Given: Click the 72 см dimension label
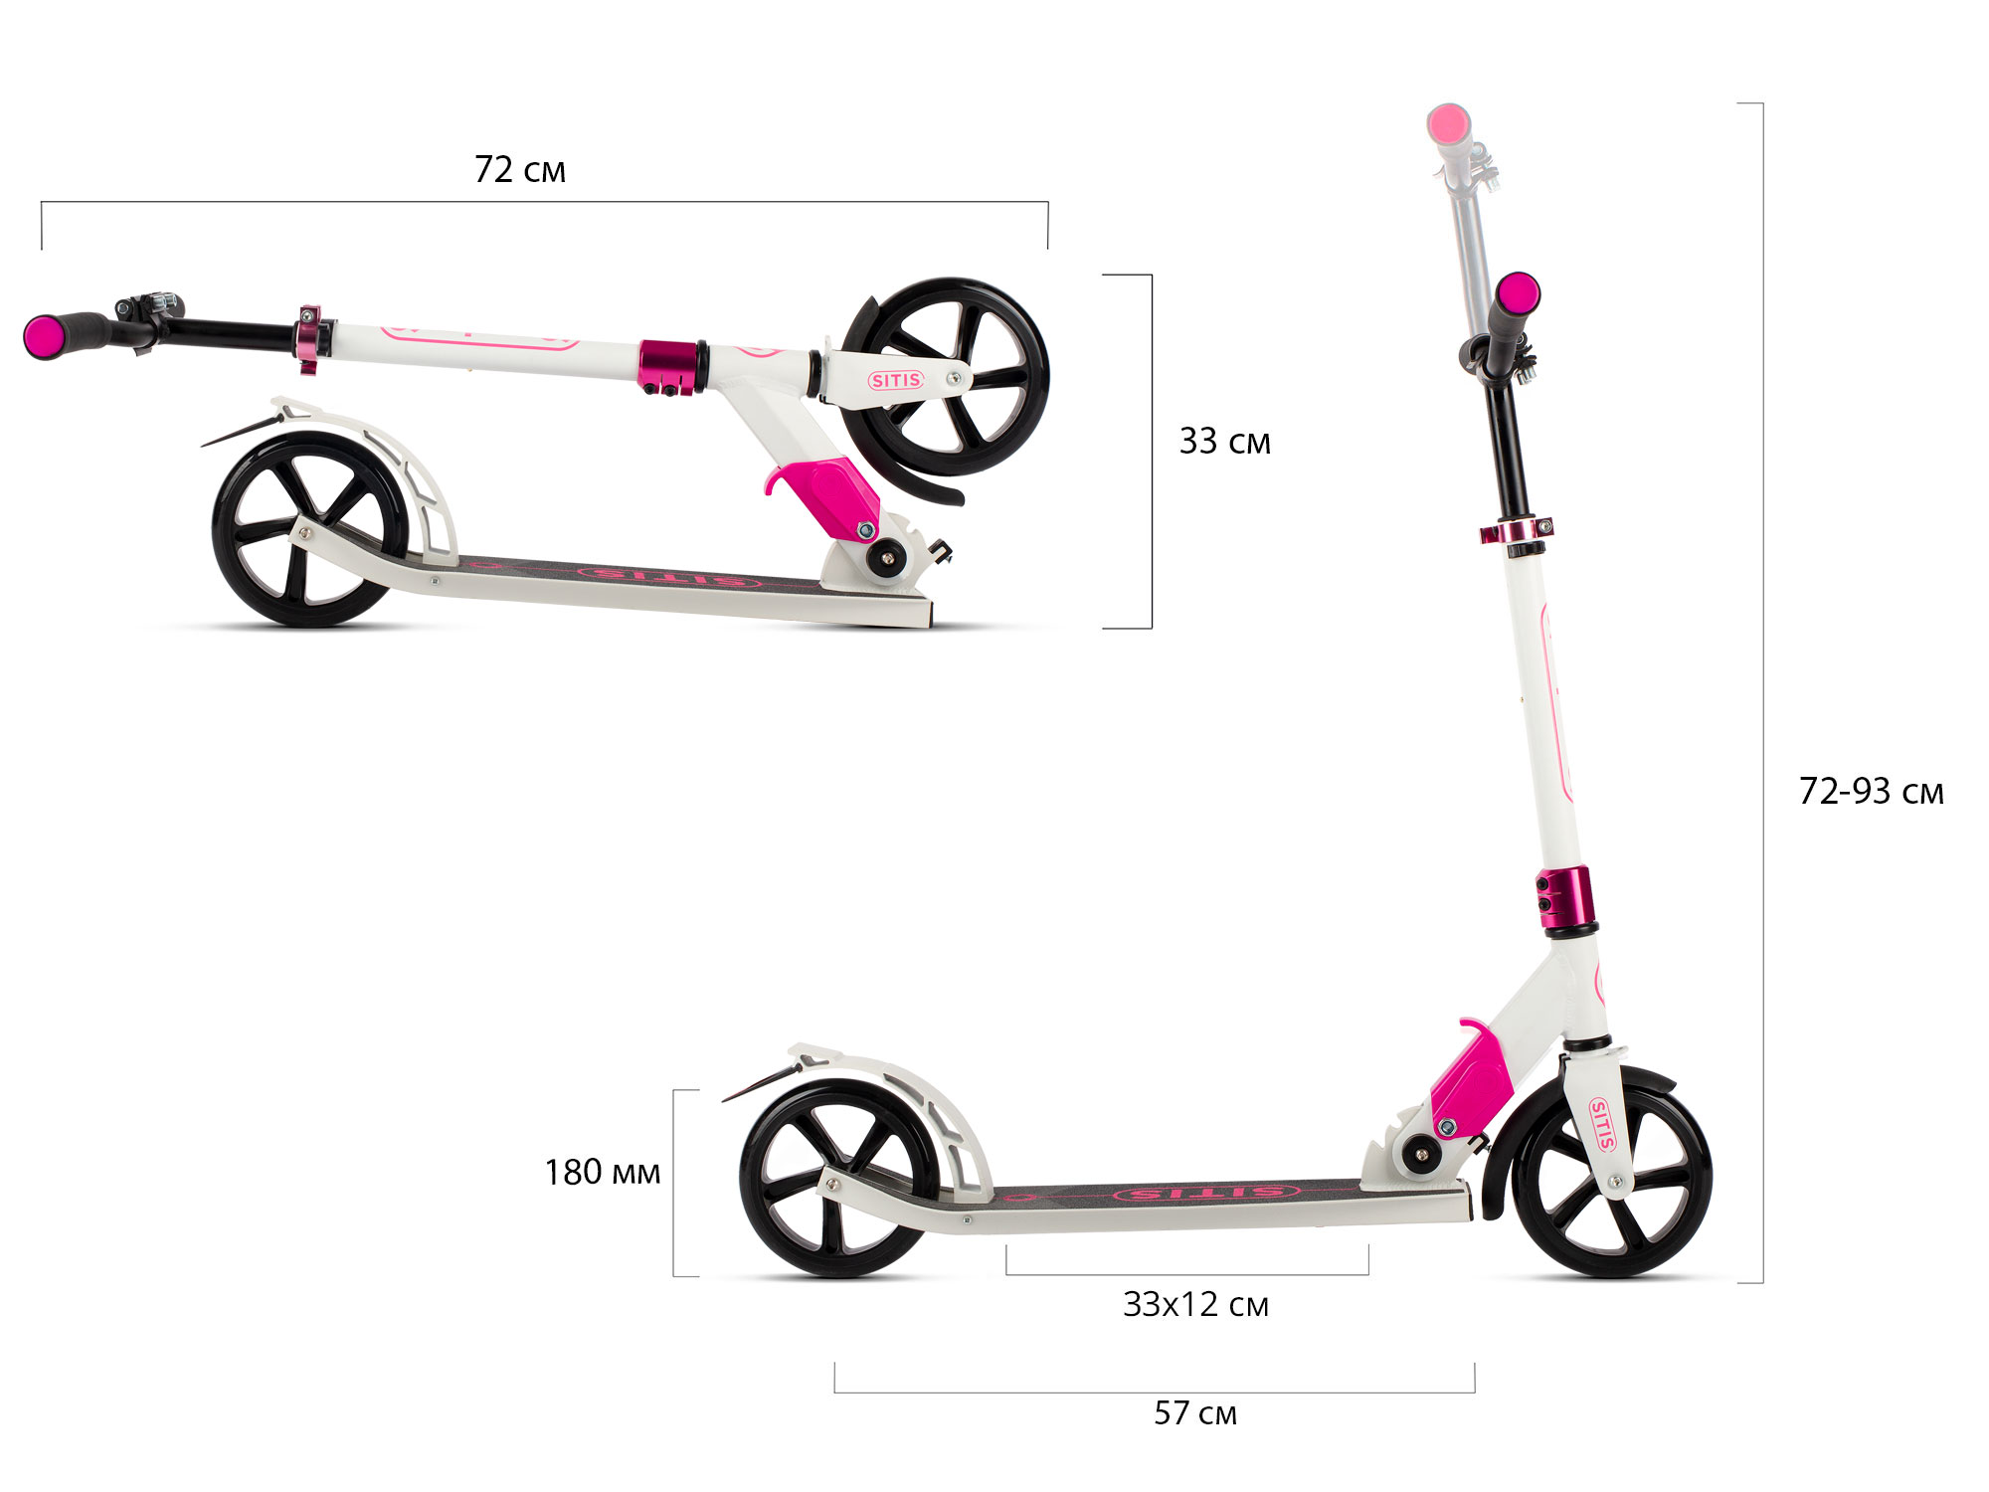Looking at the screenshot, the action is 519,170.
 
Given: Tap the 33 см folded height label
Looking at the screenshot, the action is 1224,442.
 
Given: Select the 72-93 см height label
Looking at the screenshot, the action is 1871,792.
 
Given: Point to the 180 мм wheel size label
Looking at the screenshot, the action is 602,1173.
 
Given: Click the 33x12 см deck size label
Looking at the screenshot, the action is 1195,1305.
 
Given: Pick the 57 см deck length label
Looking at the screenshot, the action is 1195,1413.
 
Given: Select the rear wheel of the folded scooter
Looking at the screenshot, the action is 310,528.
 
